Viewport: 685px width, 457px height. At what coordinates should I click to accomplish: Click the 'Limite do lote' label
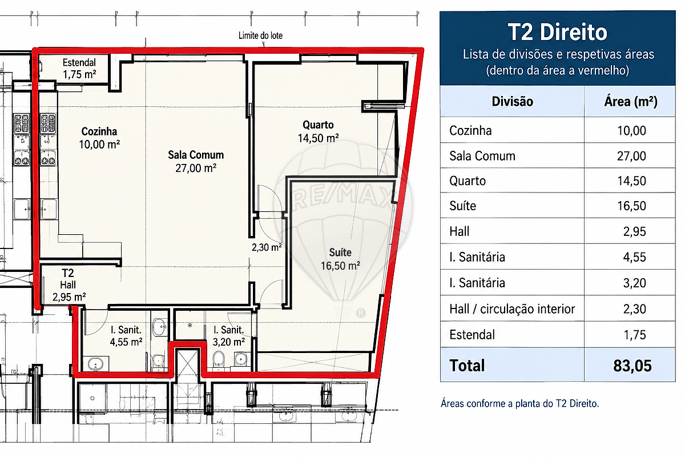click(260, 35)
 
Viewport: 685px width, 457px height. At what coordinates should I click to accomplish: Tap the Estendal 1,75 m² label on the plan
click(79, 69)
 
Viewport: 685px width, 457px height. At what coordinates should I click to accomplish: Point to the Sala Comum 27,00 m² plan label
click(196, 161)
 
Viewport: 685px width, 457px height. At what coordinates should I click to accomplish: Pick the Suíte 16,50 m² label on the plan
click(340, 259)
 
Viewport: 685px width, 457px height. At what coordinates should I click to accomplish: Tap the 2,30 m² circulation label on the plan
click(267, 247)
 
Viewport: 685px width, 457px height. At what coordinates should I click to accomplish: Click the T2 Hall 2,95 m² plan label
click(69, 285)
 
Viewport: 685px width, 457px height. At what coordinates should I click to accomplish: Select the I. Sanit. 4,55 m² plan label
click(126, 336)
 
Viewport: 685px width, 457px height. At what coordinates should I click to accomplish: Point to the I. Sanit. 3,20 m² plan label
click(229, 336)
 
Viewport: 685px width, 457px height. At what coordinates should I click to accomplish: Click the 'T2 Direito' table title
click(558, 32)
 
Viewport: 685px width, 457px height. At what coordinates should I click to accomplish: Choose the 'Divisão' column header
click(512, 101)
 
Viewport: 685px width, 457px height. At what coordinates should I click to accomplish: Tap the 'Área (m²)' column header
click(631, 102)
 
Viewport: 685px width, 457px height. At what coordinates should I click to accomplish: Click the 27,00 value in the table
click(631, 156)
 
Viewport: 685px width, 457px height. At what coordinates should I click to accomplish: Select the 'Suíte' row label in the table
click(463, 206)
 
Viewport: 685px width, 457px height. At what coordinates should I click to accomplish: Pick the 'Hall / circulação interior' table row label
click(512, 309)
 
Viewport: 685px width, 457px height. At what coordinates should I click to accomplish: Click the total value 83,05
click(632, 366)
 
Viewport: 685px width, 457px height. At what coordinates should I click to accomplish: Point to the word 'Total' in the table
click(467, 366)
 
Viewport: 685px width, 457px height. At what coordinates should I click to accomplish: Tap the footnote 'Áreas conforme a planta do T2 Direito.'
click(519, 403)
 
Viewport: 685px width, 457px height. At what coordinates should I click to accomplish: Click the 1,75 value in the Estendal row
click(635, 335)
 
